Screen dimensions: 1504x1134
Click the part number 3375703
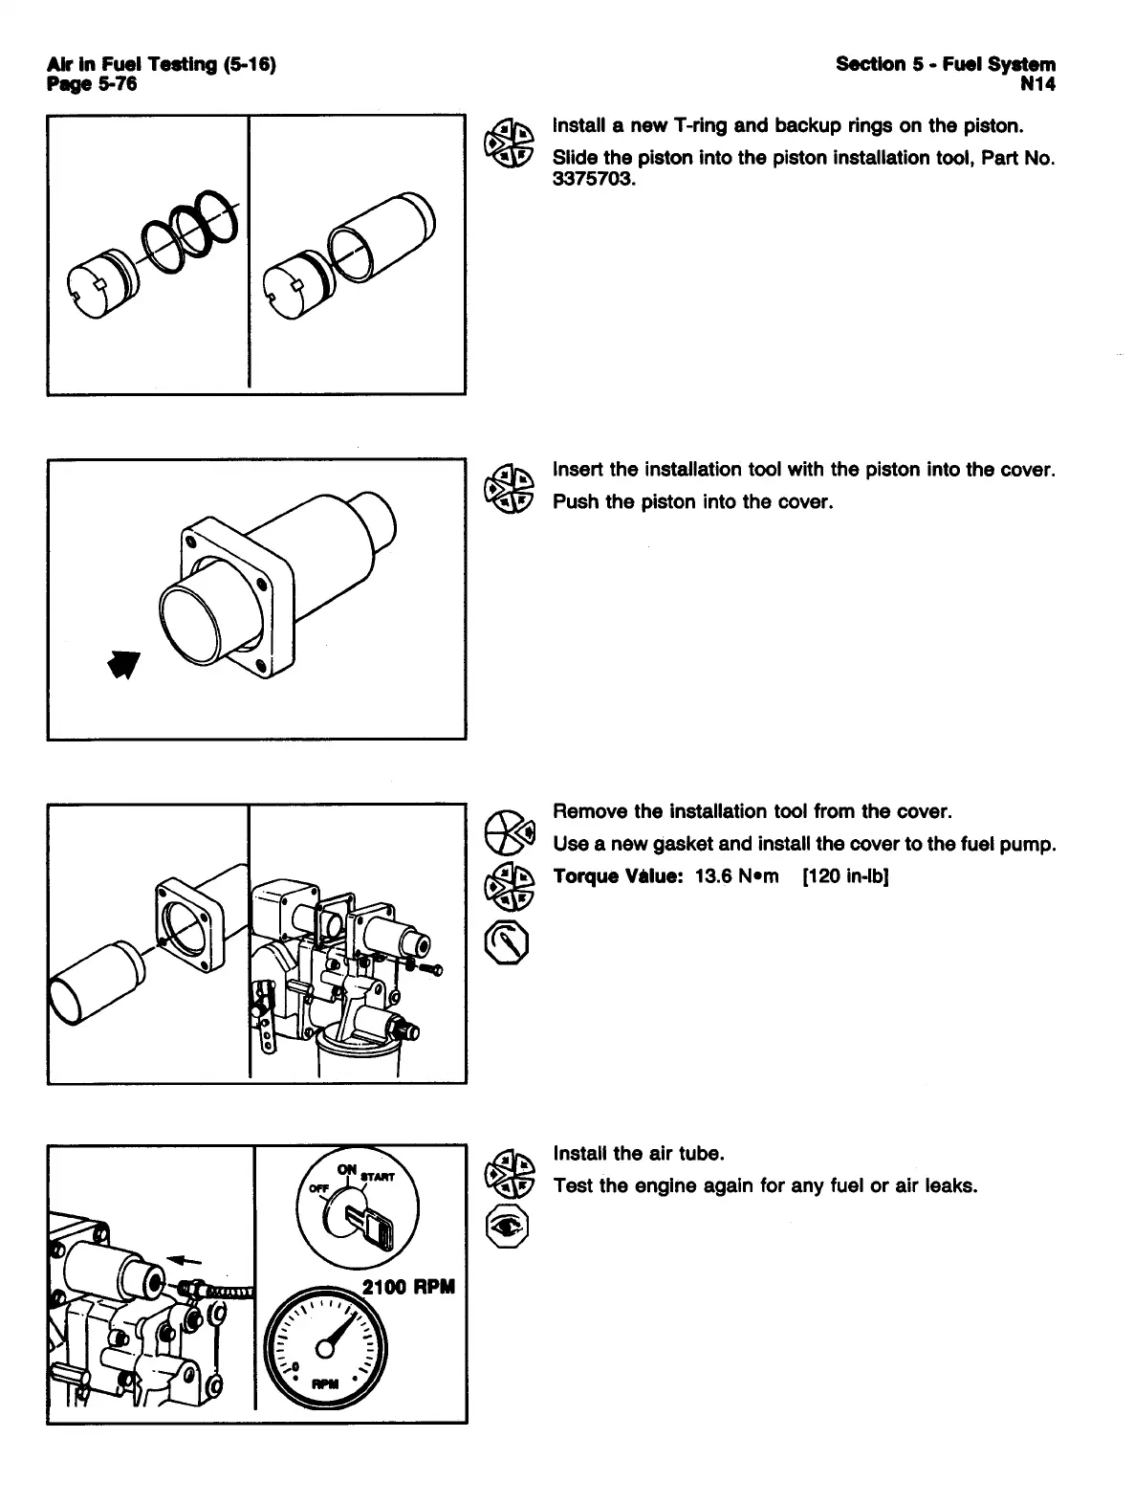tap(593, 181)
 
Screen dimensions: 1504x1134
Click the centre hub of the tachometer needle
tap(324, 1347)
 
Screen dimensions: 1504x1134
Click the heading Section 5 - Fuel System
tap(946, 64)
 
